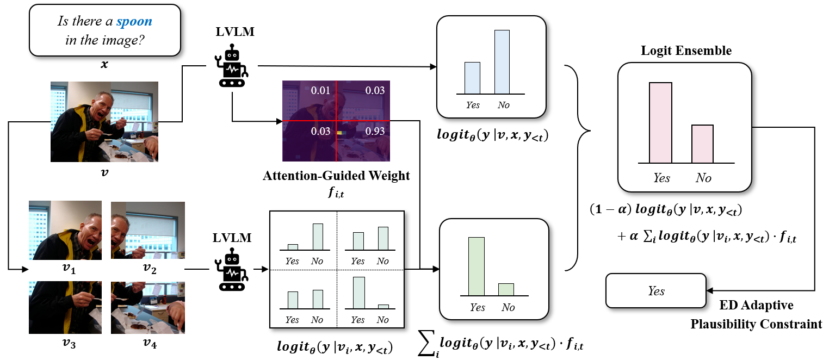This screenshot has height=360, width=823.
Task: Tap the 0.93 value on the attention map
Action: [x=374, y=132]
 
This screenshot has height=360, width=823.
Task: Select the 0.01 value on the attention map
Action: [x=320, y=89]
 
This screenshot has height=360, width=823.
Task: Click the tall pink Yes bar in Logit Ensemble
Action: [x=660, y=122]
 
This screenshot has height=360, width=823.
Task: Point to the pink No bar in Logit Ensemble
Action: [x=702, y=144]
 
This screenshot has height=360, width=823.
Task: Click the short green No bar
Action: [x=506, y=289]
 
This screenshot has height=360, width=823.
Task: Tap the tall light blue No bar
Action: [x=502, y=62]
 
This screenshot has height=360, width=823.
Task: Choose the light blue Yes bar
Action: [x=472, y=78]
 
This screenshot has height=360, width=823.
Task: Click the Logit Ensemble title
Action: [x=686, y=51]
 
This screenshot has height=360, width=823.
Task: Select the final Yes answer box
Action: [x=657, y=291]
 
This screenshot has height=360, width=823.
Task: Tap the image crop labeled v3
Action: [x=65, y=307]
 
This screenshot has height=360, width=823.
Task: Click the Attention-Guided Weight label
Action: [x=336, y=176]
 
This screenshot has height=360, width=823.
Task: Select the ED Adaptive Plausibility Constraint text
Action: [x=756, y=314]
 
